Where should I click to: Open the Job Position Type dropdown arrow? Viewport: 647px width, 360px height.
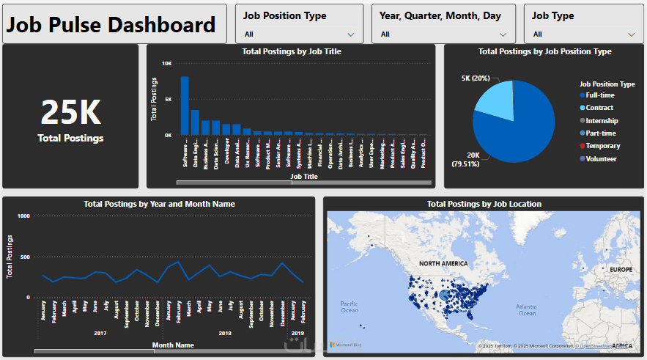tap(351, 34)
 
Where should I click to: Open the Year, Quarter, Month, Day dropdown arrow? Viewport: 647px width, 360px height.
tap(503, 34)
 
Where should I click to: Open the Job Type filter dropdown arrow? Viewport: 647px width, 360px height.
tap(632, 34)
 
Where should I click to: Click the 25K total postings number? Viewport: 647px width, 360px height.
tap(70, 112)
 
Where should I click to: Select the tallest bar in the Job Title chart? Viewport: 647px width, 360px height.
tap(185, 106)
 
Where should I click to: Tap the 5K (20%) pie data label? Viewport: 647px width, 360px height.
tap(476, 78)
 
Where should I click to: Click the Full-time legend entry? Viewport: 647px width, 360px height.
tap(600, 95)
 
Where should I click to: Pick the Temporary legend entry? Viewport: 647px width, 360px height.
tap(602, 146)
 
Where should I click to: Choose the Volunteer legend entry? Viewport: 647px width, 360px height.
tap(601, 158)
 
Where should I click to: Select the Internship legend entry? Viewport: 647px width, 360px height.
tap(602, 120)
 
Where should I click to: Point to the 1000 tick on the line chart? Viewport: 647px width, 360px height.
tap(23, 216)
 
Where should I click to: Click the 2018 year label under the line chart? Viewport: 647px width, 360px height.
tap(225, 333)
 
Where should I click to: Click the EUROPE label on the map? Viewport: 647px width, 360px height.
tap(620, 270)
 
